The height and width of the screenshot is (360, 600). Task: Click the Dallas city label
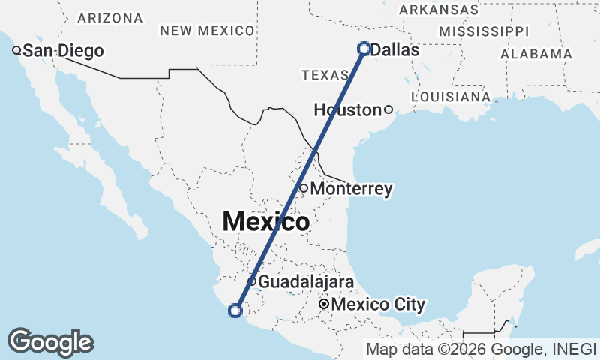394,50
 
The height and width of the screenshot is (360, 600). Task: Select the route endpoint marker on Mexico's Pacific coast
235,310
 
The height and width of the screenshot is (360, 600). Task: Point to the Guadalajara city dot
253,282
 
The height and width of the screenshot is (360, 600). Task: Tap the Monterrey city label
351,189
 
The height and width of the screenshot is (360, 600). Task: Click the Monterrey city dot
304,188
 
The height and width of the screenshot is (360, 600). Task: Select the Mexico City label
378,305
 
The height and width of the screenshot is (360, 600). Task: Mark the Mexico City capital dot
324,304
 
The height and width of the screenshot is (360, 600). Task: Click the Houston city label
347,110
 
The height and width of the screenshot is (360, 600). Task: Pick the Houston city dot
388,109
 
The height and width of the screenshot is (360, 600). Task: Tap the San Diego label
62,51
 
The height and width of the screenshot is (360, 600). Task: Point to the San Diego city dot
16,51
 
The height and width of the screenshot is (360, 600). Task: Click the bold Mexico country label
266,222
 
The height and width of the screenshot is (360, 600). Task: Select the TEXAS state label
325,75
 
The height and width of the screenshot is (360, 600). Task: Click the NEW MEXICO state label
208,31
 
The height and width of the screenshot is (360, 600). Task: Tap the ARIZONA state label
109,17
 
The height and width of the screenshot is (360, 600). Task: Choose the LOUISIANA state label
451,97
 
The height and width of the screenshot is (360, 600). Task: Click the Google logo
50,342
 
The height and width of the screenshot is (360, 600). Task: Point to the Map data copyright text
480,349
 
